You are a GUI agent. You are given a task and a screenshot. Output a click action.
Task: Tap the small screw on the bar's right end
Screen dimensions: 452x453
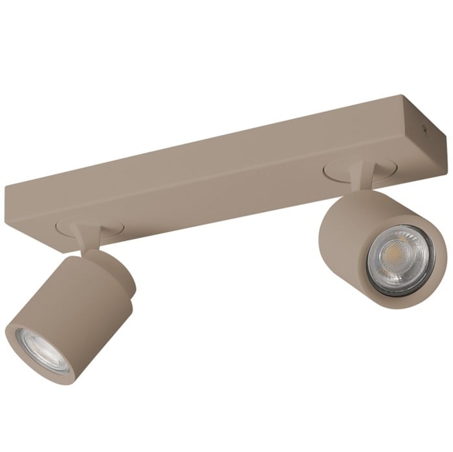[425, 129]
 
